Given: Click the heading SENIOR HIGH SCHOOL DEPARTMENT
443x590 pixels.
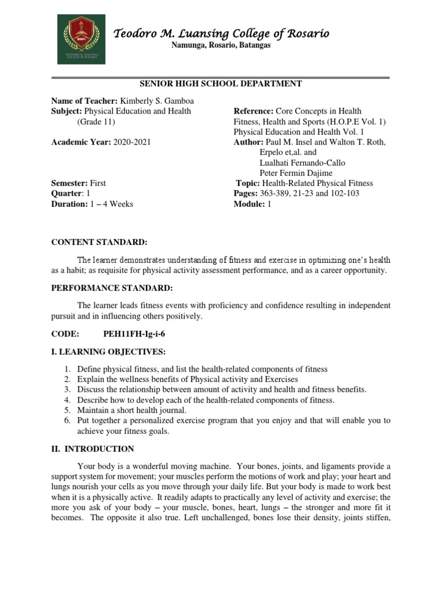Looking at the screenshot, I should [x=221, y=84].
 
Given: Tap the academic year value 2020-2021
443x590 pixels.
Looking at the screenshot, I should [x=132, y=142].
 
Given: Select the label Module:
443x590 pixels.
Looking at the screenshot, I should [x=248, y=204].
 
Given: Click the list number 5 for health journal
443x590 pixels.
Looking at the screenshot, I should [x=67, y=410].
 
